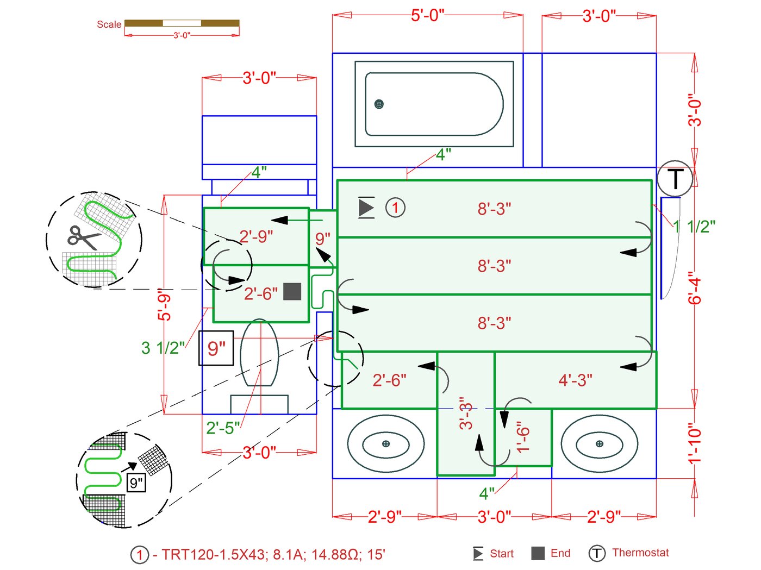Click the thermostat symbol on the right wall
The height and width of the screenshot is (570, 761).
(675, 178)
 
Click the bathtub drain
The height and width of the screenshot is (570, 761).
(379, 104)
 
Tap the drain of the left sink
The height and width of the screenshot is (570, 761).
(386, 444)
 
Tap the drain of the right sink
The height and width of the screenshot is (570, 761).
(599, 444)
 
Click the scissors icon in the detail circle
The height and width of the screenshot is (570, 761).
(83, 237)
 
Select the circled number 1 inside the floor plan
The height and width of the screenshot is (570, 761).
(395, 208)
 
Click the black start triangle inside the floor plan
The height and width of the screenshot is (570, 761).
(366, 208)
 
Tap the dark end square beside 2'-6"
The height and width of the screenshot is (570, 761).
(292, 292)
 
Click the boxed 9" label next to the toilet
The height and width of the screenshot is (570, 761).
(216, 348)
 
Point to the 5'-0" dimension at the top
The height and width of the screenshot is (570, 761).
(427, 15)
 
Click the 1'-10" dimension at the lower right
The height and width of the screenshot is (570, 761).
(695, 443)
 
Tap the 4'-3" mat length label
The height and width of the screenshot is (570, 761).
(575, 380)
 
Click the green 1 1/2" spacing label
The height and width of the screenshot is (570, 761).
(694, 227)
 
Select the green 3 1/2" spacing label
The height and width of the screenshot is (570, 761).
(163, 348)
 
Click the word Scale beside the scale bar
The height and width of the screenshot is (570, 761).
(109, 24)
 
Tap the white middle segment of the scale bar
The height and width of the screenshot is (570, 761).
(182, 23)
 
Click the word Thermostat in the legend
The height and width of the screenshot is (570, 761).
(640, 553)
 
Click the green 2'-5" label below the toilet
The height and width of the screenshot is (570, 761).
(223, 428)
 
